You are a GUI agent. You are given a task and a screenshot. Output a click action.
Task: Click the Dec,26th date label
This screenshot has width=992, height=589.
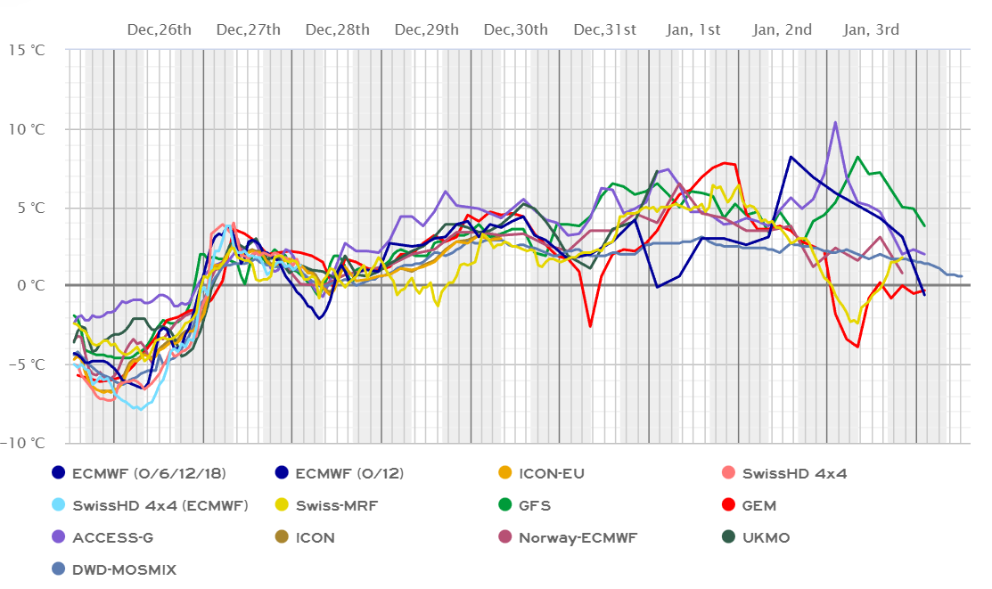coord(160,29)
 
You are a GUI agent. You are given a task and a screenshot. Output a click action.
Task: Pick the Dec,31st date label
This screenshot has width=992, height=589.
coord(605,29)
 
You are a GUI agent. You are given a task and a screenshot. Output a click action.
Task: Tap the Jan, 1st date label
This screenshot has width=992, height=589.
coord(693,29)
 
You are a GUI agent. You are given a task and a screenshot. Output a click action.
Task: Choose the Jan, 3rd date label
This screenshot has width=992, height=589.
coord(872,29)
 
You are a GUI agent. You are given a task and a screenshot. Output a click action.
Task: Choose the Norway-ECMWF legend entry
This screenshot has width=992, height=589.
coord(579,537)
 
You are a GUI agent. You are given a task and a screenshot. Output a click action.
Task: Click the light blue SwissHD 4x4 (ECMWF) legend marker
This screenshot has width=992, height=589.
coord(59,505)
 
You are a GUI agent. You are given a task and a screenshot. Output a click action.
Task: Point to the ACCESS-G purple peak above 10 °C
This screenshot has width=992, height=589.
coord(835,122)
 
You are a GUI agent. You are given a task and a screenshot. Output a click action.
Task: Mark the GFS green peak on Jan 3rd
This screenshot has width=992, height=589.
coord(857,157)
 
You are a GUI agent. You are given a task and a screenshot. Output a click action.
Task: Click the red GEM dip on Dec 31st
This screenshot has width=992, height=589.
coord(590,326)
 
